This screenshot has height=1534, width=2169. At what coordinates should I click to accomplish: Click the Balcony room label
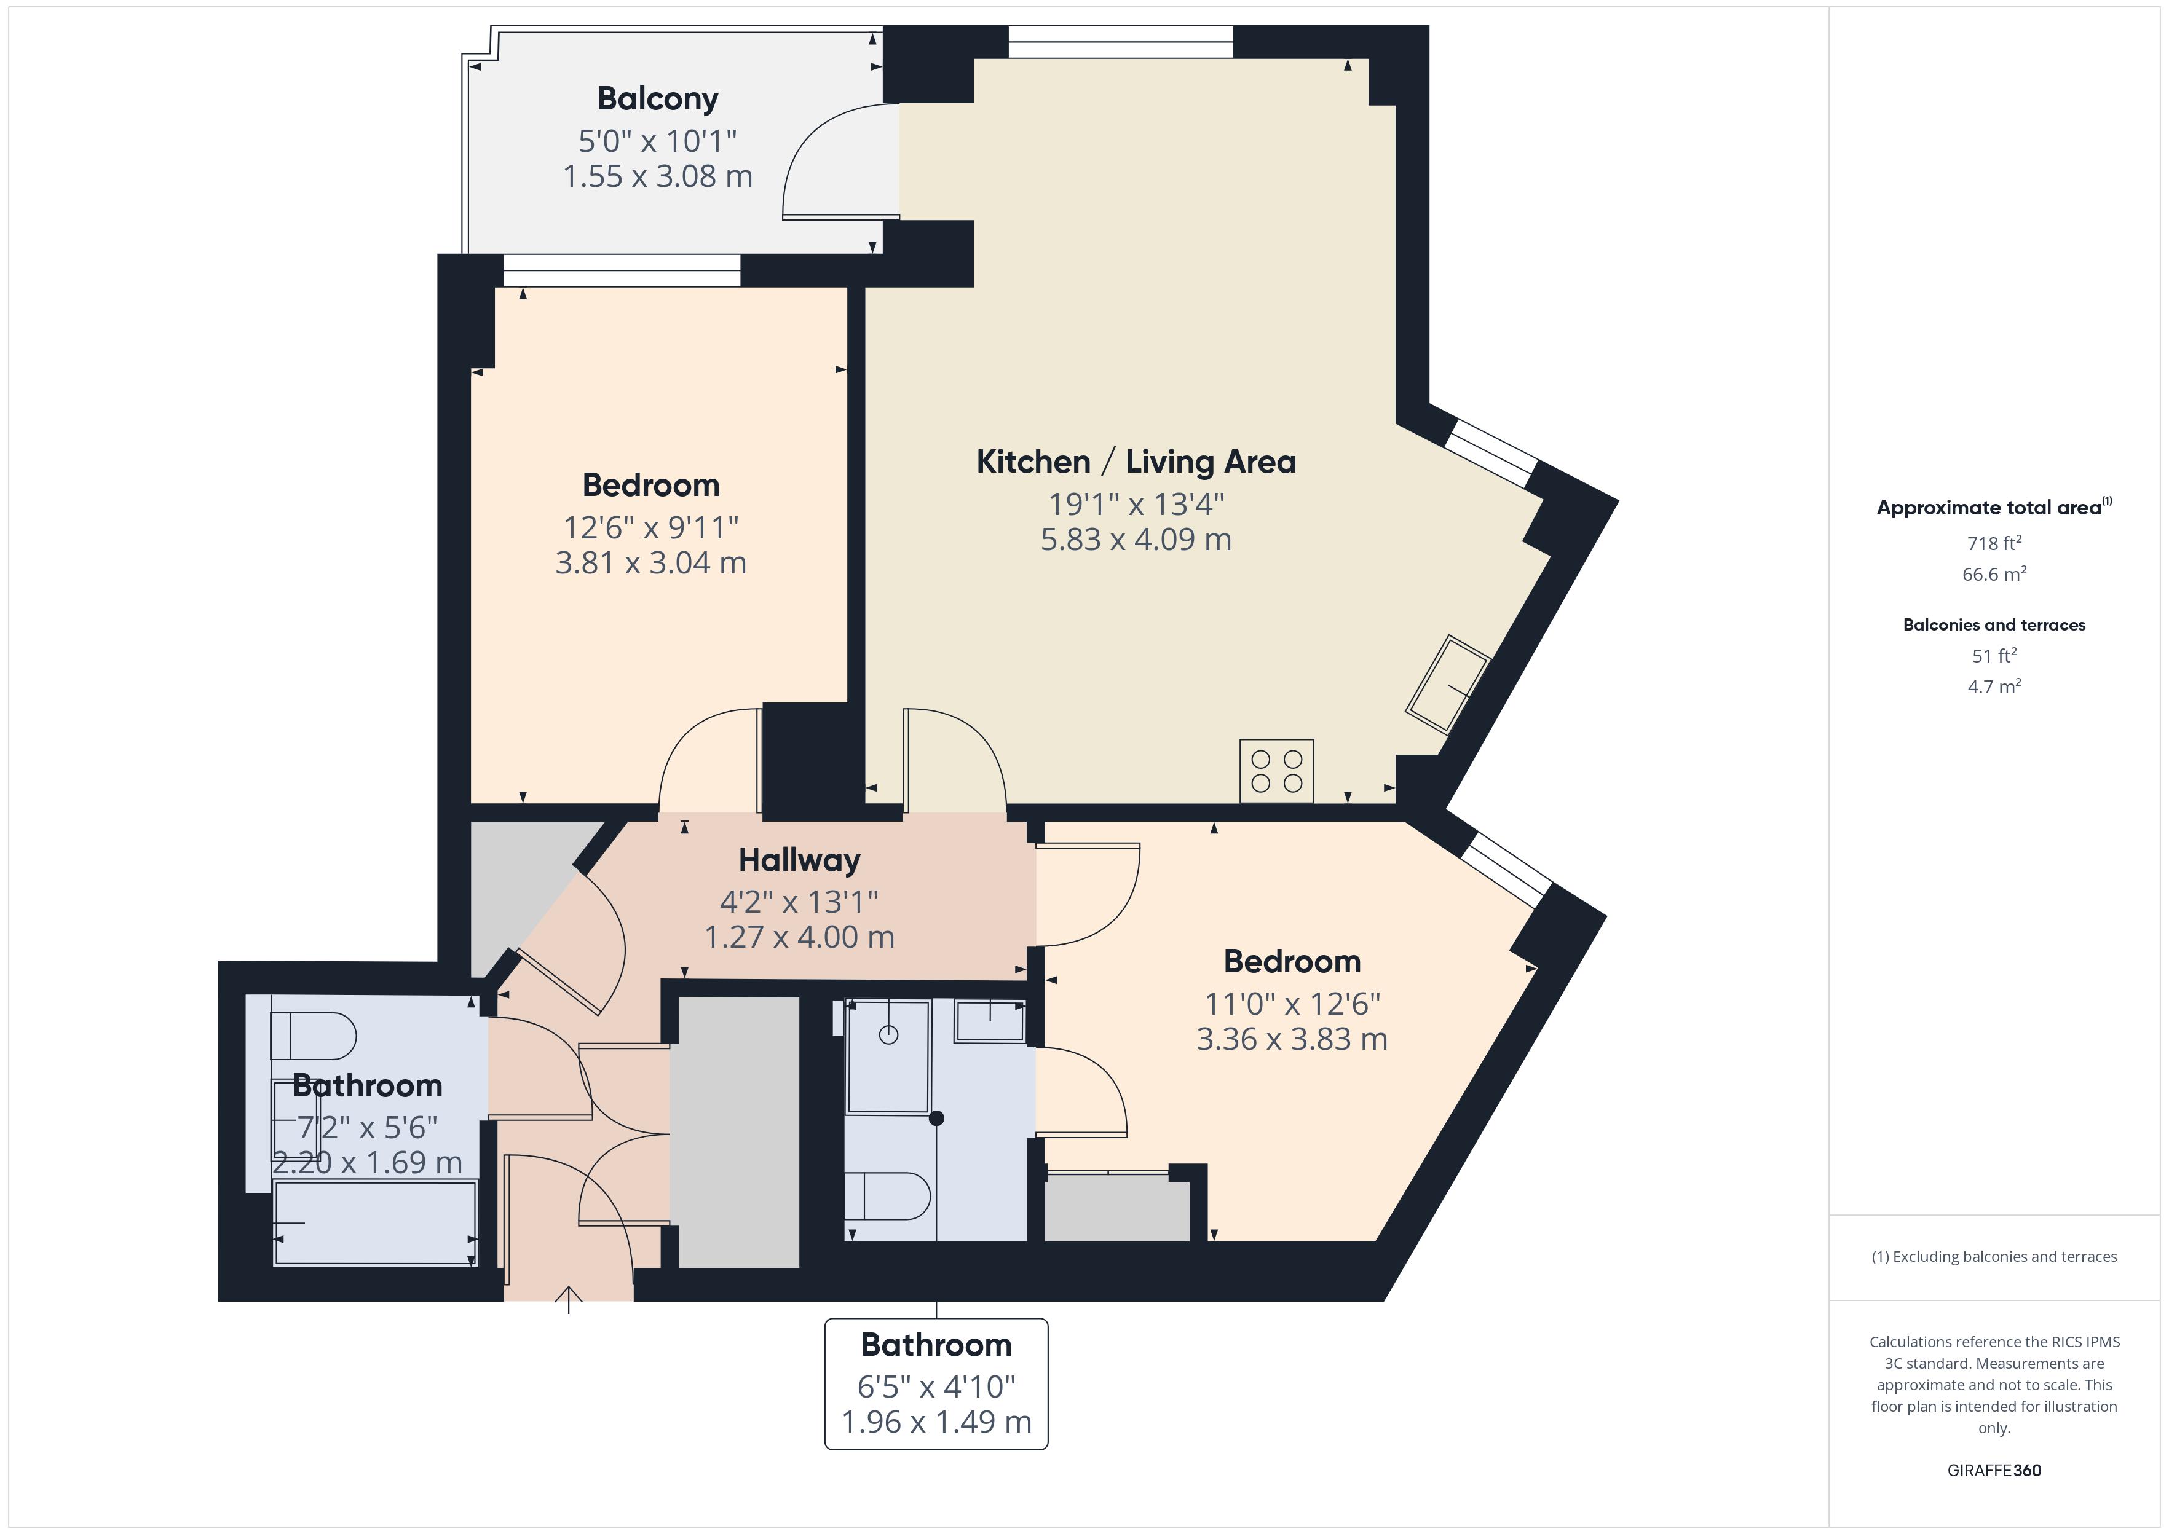[x=657, y=98]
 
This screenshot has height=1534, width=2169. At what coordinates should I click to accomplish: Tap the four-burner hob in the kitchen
[x=1276, y=771]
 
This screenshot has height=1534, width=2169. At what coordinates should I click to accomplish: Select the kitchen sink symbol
[x=1447, y=685]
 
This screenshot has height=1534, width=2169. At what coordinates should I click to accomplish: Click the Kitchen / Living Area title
[x=1136, y=462]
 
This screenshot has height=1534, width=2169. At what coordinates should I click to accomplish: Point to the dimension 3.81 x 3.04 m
[x=651, y=563]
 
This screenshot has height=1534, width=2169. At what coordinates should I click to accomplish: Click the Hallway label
[x=799, y=860]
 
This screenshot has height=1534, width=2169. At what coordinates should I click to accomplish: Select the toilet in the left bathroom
[x=313, y=1036]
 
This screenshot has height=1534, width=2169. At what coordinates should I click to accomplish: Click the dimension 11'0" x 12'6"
[x=1292, y=1003]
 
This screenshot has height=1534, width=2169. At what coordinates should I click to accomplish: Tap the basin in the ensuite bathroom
[x=989, y=1021]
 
